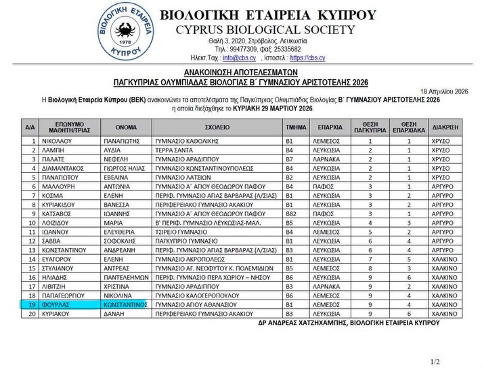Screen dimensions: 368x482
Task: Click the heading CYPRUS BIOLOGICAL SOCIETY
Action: [265, 29]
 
